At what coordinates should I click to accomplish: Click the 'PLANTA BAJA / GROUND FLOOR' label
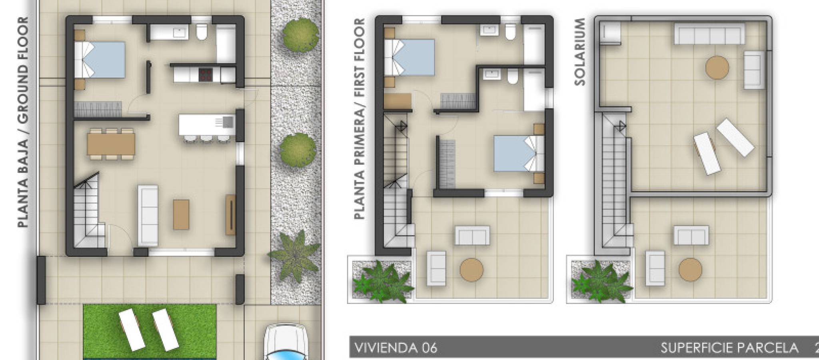(x=23, y=122)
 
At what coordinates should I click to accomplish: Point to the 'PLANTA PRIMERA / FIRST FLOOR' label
(x=360, y=119)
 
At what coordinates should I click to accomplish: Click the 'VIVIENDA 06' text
(x=396, y=348)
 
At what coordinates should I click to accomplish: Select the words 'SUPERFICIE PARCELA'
(x=729, y=348)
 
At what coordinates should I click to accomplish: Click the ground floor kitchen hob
(x=206, y=74)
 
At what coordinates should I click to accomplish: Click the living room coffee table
(x=181, y=214)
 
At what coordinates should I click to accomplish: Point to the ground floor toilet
(x=201, y=32)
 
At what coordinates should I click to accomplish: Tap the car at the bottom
(x=286, y=342)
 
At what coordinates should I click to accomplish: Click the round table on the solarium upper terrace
(x=717, y=68)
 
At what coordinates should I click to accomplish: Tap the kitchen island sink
(x=229, y=121)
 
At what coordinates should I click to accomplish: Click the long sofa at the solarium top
(x=710, y=34)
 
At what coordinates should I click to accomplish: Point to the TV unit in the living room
(x=231, y=214)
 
